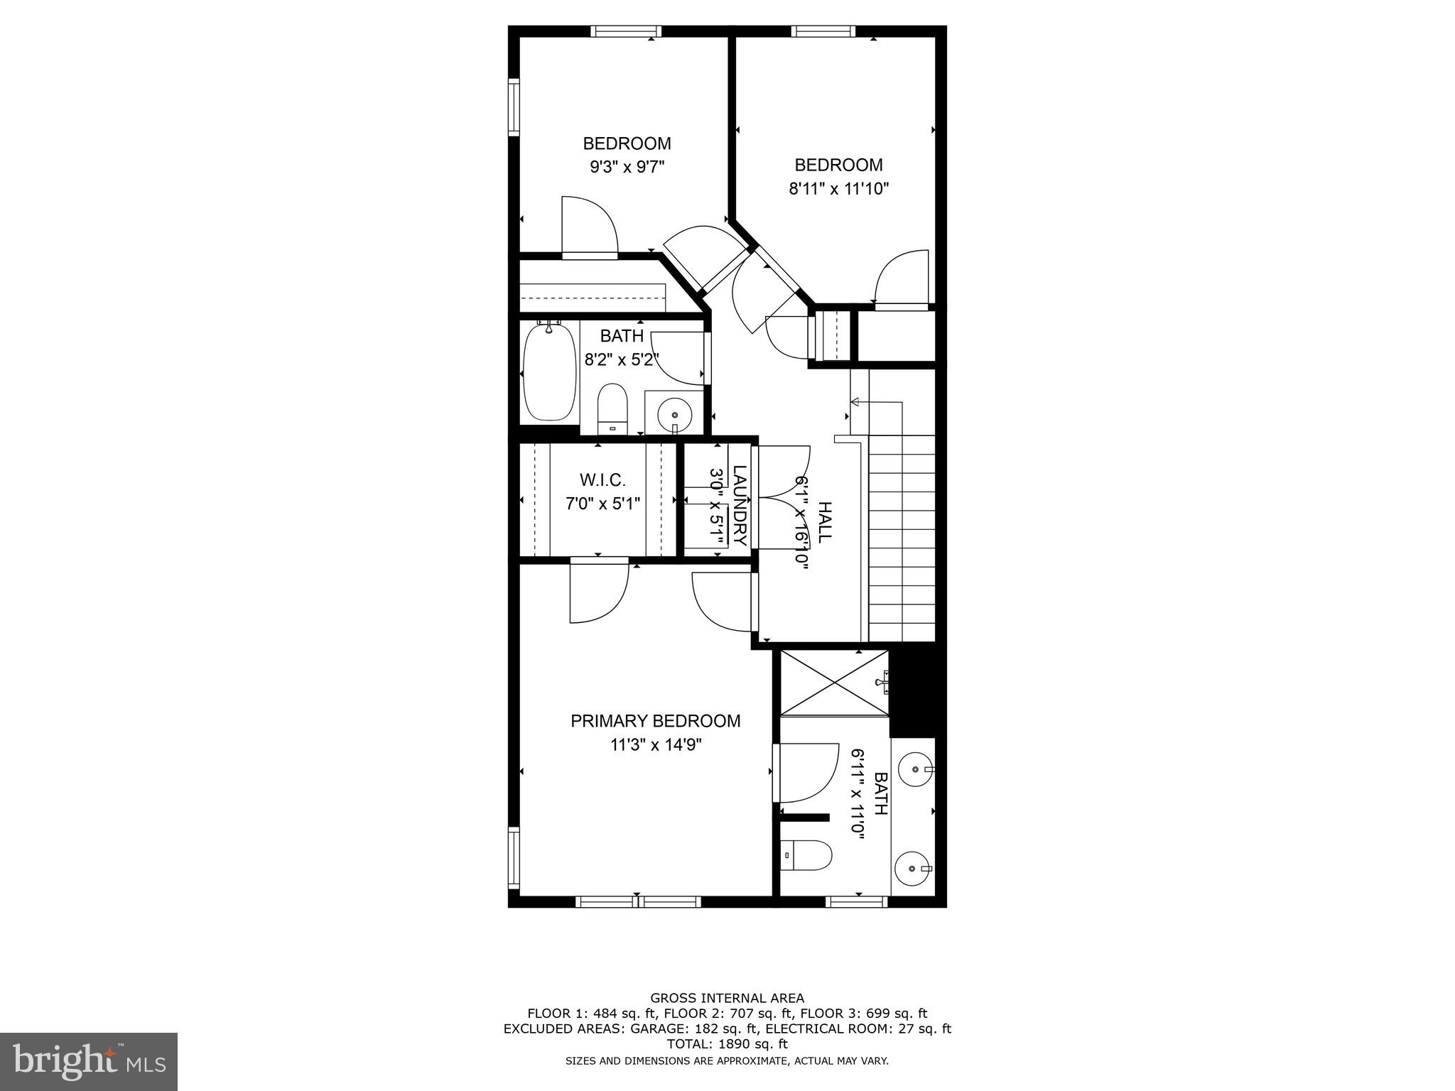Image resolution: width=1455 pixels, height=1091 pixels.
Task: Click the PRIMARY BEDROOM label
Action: click(x=655, y=721)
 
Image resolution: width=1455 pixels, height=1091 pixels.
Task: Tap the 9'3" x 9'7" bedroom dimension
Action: click(x=627, y=167)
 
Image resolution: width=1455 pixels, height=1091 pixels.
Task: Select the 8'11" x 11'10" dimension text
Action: click(x=838, y=189)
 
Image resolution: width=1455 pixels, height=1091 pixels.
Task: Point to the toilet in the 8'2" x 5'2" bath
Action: click(x=612, y=408)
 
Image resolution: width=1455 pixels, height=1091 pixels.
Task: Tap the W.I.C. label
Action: click(x=602, y=479)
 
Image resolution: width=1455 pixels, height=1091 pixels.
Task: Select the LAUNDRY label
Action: click(x=740, y=504)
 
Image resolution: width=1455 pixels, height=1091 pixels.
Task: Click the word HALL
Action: click(x=824, y=522)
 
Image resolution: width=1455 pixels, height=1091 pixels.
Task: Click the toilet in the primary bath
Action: click(x=806, y=856)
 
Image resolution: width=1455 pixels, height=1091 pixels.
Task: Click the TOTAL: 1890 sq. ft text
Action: click(x=727, y=1044)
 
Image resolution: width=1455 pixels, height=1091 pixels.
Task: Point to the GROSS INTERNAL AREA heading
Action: click(x=727, y=998)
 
